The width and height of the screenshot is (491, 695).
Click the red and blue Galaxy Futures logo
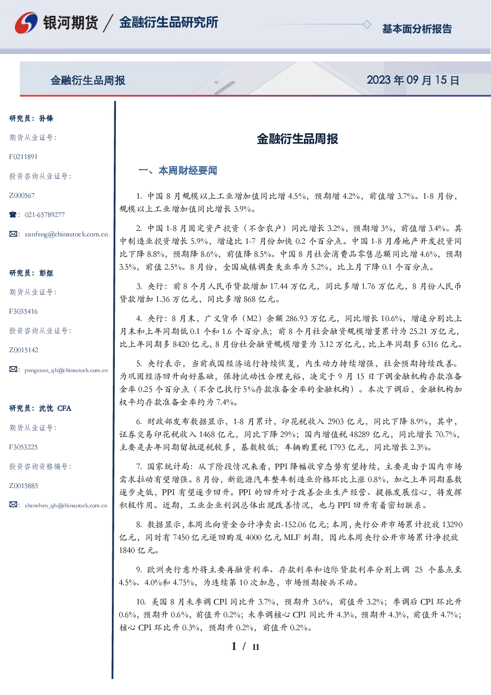26,23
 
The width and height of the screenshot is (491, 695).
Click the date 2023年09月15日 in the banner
413,80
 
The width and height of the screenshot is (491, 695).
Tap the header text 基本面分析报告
417,29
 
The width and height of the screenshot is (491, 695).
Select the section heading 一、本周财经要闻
178,170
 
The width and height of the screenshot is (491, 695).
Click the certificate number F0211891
23,157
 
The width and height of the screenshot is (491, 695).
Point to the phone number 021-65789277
45,214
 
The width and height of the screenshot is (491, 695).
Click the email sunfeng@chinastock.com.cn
66,234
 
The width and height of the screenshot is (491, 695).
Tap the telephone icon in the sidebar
13,214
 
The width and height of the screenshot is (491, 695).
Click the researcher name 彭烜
46,273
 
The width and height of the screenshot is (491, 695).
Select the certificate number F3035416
23,312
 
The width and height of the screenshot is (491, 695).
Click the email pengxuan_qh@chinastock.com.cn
66,370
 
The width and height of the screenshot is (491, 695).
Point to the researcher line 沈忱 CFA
55,408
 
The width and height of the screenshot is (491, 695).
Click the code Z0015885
24,486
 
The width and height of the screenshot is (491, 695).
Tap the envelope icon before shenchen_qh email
13,505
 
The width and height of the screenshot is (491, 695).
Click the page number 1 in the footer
234,646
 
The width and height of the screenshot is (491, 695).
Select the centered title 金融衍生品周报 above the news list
297,139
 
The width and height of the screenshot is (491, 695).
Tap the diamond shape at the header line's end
367,24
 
